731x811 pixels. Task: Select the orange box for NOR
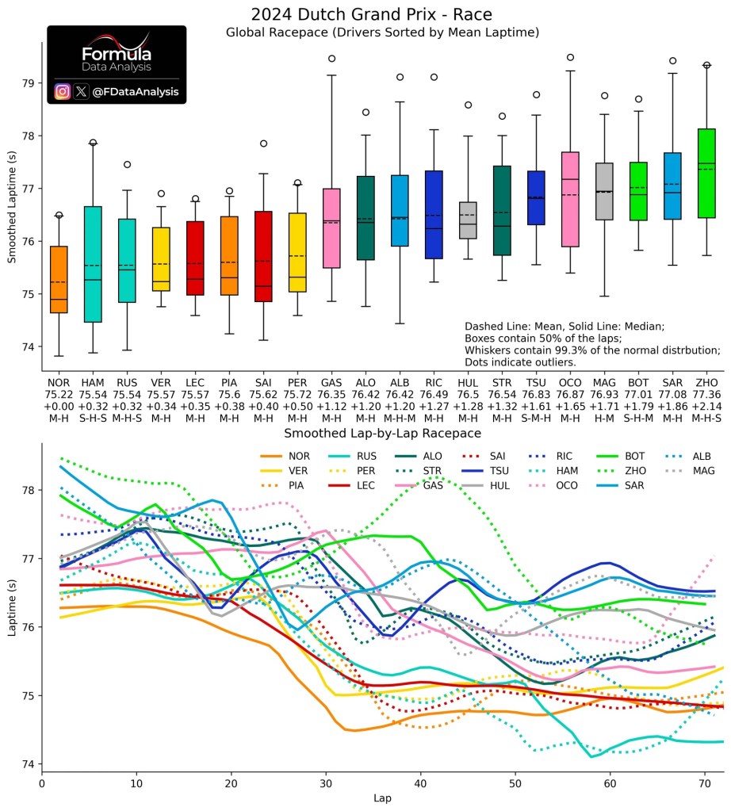point(58,279)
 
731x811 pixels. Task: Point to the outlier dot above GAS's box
point(331,59)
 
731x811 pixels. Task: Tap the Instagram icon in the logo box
point(63,92)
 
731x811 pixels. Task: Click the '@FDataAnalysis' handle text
point(136,92)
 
